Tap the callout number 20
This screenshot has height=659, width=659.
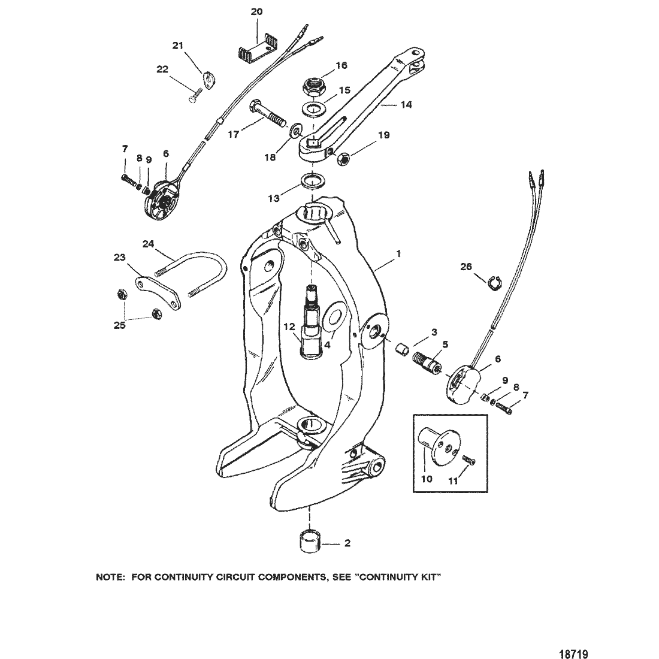point(256,12)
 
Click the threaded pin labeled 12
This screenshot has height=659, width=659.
point(315,324)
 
